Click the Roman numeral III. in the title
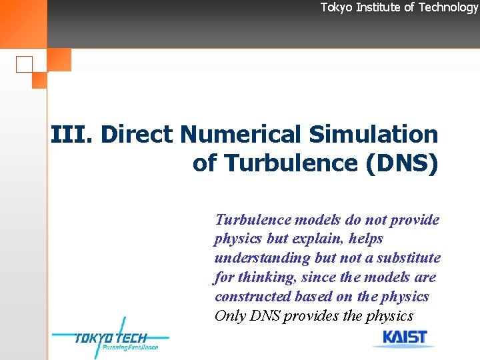coord(73,135)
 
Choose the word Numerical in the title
coord(241,135)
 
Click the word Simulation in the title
coord(373,135)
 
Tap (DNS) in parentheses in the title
coord(401,163)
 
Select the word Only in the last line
coord(228,316)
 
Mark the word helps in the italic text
coord(366,239)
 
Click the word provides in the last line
coord(312,316)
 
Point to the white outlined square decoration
coord(24,65)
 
